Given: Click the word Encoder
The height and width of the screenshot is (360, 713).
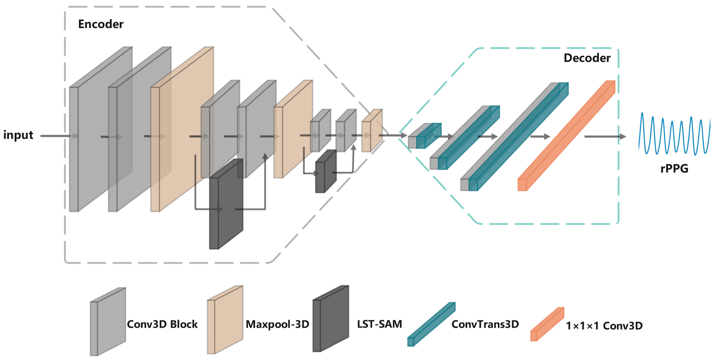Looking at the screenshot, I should pyautogui.click(x=101, y=24).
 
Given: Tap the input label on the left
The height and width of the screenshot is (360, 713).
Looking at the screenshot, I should pyautogui.click(x=18, y=135).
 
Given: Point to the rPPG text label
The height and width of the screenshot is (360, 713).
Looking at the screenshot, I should pyautogui.click(x=674, y=168).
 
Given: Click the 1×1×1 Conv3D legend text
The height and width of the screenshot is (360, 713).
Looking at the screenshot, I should pyautogui.click(x=604, y=326).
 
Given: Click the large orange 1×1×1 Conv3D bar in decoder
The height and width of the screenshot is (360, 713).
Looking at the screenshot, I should pyautogui.click(x=566, y=136).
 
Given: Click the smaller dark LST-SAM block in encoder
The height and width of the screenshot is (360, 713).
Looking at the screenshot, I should pyautogui.click(x=326, y=172).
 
